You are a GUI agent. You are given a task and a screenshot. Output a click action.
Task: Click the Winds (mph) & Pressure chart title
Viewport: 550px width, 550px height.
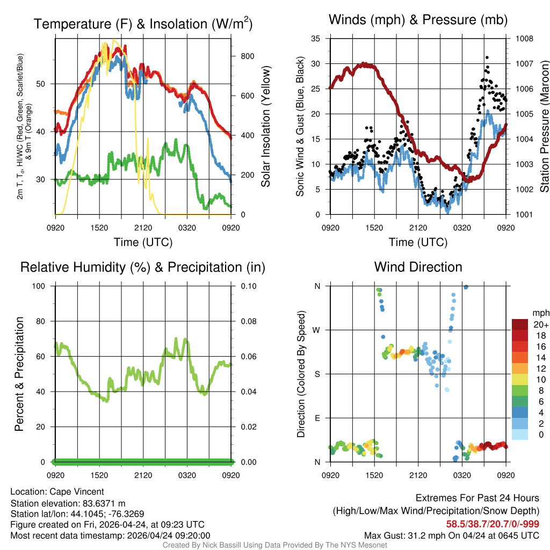(418, 20)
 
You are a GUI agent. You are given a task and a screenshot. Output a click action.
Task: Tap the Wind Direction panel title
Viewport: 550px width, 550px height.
(418, 267)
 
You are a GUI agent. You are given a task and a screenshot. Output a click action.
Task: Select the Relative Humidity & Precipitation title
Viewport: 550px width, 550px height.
(143, 267)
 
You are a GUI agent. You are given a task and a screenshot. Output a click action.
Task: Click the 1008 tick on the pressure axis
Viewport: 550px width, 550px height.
(524, 39)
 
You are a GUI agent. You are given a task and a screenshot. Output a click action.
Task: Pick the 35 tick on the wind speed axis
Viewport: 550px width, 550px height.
(316, 39)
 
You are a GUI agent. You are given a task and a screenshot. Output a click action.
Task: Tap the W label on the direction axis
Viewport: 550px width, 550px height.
(317, 330)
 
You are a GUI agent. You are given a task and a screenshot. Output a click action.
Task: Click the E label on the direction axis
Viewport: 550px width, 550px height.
(317, 418)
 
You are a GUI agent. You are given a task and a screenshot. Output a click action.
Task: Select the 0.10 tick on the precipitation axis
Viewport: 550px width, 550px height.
(248, 286)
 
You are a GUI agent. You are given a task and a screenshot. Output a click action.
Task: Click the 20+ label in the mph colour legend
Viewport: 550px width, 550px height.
(540, 324)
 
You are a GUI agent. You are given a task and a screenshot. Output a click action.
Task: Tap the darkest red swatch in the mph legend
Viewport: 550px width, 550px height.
(520, 324)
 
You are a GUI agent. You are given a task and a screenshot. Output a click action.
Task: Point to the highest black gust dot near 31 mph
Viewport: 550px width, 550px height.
(487, 57)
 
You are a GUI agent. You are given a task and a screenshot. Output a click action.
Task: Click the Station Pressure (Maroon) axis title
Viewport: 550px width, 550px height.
(544, 126)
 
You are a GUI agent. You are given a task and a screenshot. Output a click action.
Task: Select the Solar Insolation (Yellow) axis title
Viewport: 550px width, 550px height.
(265, 126)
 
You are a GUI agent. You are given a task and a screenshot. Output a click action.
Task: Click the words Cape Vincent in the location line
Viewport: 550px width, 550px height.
(77, 491)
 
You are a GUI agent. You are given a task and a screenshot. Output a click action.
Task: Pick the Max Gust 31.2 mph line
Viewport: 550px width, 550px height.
(452, 535)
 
